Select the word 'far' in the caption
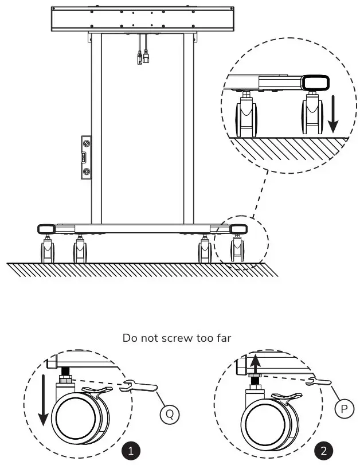coord(224,338)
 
